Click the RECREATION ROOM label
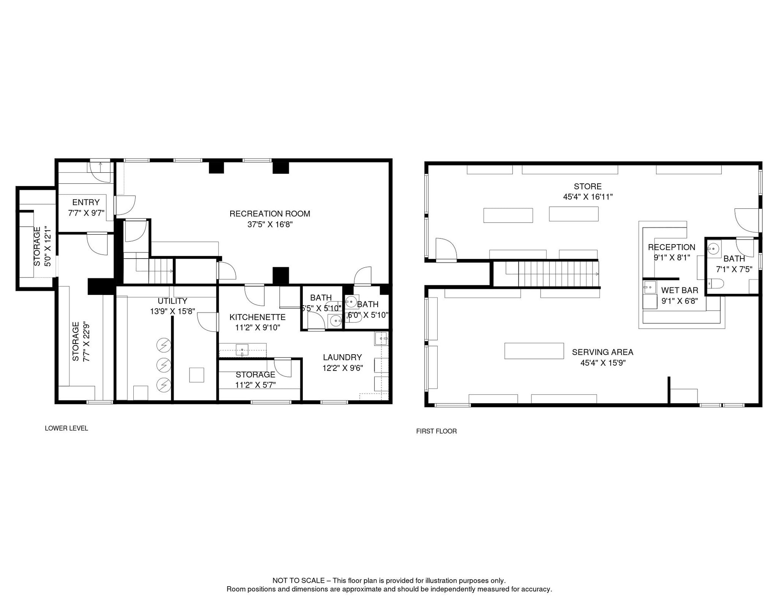(270, 214)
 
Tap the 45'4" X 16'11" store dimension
(588, 197)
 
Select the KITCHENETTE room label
(257, 317)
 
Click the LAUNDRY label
(342, 357)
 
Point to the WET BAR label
(680, 290)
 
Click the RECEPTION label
(672, 247)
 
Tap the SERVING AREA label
(602, 352)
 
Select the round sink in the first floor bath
(714, 249)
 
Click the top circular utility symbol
(164, 345)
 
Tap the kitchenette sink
(242, 350)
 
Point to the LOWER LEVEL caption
(66, 428)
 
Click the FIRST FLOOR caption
(436, 431)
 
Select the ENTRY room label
(86, 202)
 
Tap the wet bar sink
(650, 287)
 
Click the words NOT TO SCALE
(298, 580)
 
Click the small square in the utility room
(197, 375)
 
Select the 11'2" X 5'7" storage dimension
(255, 385)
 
